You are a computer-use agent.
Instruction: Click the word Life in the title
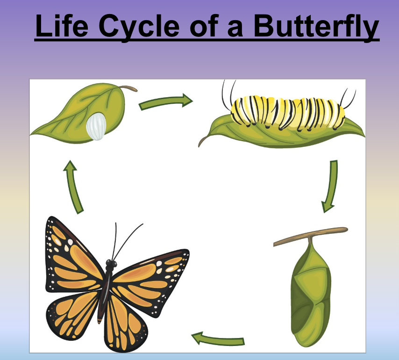point(62,25)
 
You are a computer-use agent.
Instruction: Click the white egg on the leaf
point(96,127)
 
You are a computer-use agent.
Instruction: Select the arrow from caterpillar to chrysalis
point(330,186)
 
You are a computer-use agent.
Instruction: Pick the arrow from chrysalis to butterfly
point(218,339)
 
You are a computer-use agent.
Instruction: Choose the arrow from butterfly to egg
point(73,187)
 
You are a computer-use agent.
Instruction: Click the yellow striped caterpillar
point(288,112)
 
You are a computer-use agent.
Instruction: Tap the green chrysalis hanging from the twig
point(311,293)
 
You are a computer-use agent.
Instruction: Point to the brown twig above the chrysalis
point(310,236)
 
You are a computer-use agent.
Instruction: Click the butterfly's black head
point(111,264)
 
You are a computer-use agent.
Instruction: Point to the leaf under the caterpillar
point(283,134)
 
